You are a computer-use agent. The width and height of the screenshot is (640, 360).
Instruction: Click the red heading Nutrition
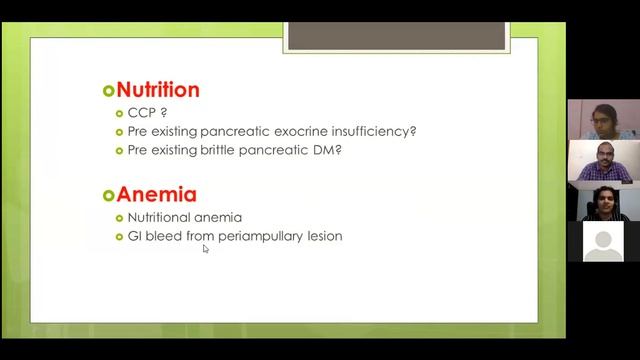[158, 90]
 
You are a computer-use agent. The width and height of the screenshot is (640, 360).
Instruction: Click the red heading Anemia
[156, 194]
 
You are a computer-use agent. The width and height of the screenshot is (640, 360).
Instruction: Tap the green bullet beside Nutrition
[109, 91]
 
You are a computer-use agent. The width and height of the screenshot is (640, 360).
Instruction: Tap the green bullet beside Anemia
[109, 195]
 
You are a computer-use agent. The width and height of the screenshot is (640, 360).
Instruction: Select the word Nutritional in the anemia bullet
[162, 217]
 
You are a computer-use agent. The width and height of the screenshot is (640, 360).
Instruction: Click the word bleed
[166, 236]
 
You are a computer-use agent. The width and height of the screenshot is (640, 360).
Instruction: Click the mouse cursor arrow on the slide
[206, 249]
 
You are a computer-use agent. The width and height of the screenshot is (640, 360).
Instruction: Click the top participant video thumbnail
[602, 120]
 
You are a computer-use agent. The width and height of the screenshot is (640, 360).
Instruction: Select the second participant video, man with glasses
[602, 161]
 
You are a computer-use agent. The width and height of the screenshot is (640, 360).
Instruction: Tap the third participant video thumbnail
[602, 201]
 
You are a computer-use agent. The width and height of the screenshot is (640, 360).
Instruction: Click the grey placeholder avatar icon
[602, 242]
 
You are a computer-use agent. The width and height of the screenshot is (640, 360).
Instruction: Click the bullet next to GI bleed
[120, 237]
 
